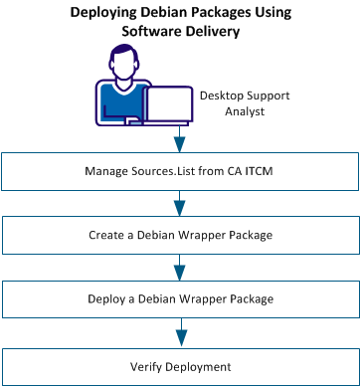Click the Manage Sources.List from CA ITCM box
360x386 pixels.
[180, 171]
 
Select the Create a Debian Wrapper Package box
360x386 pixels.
[180, 235]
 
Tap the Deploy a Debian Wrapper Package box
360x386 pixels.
[180, 298]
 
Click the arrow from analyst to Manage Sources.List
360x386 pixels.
[180, 137]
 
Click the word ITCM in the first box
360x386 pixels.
[253, 171]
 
